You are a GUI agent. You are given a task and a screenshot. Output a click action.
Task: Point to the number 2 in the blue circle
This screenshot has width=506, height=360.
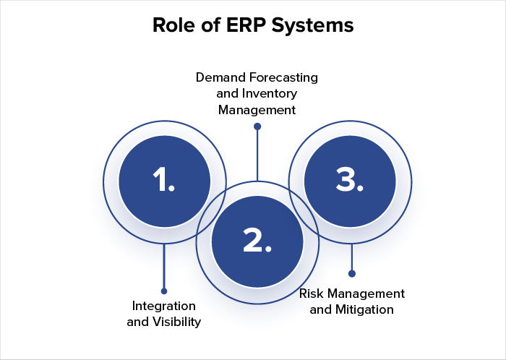257,241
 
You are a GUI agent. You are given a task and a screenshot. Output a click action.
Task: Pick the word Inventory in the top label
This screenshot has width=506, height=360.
271,93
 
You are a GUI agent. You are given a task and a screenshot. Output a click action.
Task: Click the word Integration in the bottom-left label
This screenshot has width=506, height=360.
164,305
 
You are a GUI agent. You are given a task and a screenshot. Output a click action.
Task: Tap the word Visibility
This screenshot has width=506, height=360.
176,321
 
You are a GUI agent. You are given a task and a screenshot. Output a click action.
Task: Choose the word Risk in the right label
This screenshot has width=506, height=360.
312,293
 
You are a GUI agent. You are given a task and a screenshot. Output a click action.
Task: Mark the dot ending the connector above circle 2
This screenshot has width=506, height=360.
257,127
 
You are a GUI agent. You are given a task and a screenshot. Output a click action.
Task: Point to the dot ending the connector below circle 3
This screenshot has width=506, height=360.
352,273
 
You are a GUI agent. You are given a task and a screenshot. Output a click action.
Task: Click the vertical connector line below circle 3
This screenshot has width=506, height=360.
352,257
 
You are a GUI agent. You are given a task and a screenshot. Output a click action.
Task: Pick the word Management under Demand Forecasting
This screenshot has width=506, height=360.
257,110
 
